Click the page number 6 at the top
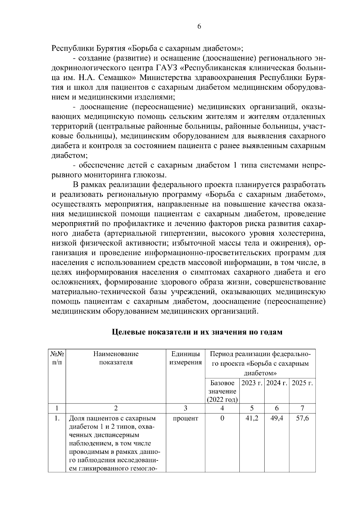[199, 26]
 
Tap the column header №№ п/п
[57, 358]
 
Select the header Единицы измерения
[185, 358]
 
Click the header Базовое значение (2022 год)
[222, 391]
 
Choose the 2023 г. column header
[252, 383]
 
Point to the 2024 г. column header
[277, 383]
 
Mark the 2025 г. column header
[302, 383]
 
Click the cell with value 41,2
[252, 418]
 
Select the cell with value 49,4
[277, 418]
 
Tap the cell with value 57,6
[302, 418]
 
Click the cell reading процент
[185, 418]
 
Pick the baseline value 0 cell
[222, 418]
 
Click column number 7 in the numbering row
[302, 408]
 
